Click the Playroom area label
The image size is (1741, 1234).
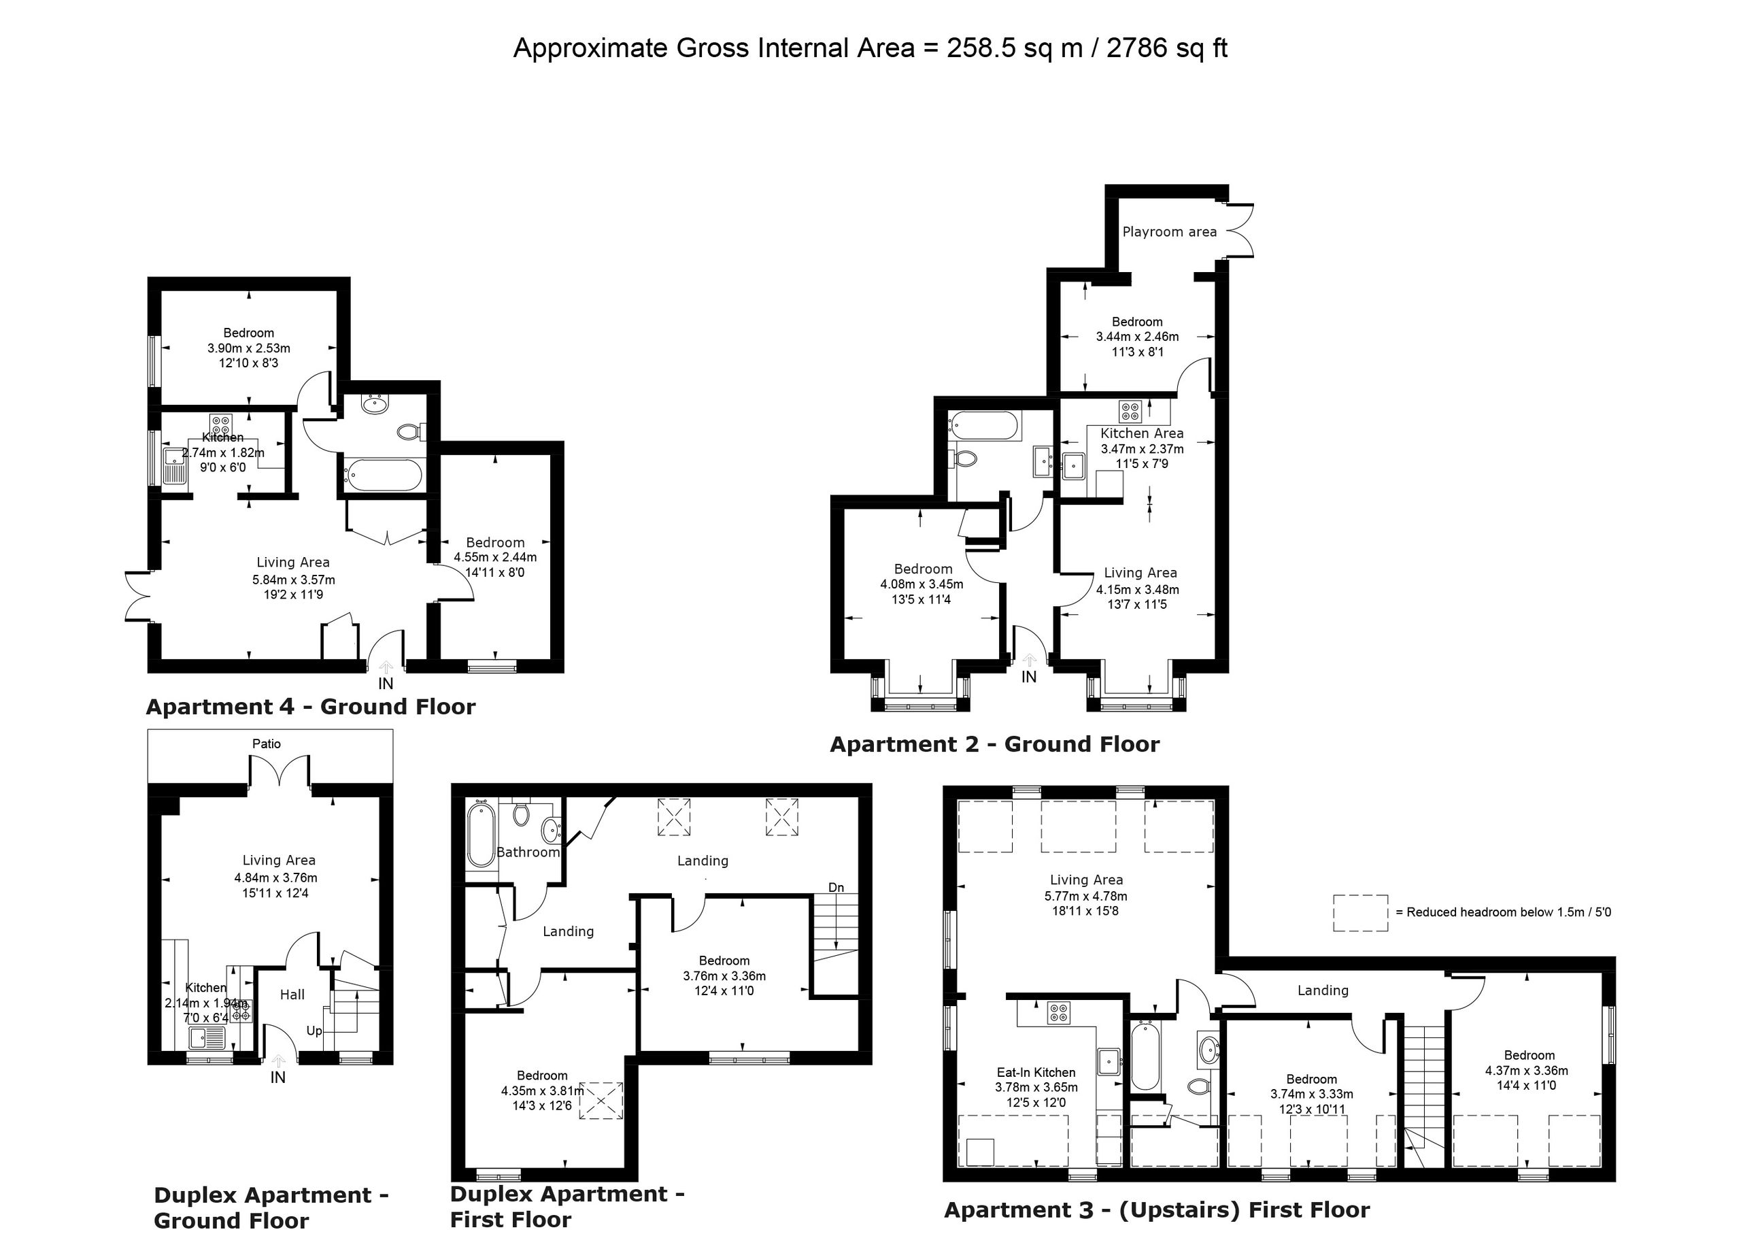(1169, 232)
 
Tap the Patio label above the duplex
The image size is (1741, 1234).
(267, 744)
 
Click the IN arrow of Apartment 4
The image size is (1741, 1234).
(386, 668)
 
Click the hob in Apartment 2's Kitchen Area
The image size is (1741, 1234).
(1130, 411)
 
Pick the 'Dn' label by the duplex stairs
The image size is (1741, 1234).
(836, 888)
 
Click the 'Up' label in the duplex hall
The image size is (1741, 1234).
(314, 1031)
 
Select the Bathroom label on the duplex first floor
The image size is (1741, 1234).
(528, 852)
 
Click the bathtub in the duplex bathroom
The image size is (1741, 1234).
(481, 836)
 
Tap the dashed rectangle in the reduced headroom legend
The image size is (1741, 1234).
(1360, 913)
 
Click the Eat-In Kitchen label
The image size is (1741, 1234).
(1036, 1072)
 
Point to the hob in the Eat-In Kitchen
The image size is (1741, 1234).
(1058, 1013)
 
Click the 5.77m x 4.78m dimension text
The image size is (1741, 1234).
(1086, 896)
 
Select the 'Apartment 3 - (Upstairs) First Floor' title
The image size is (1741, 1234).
(1157, 1210)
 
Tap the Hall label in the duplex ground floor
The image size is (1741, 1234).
(292, 995)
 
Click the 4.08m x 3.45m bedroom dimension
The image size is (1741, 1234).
(922, 584)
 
